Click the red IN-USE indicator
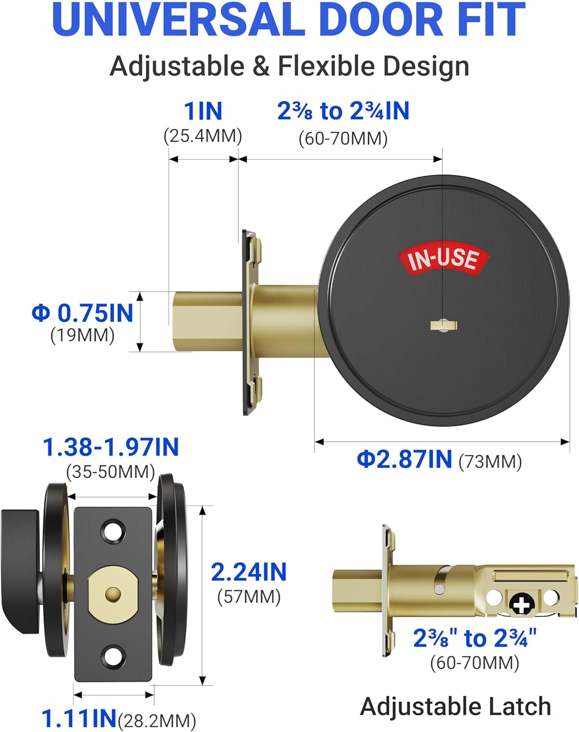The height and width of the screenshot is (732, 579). [443, 259]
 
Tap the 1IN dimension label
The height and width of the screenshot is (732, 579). [203, 111]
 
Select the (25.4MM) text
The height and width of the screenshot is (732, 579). [203, 136]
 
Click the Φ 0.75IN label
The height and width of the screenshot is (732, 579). [82, 313]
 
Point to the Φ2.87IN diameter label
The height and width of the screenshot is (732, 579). [404, 459]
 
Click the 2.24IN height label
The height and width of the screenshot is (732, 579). [248, 572]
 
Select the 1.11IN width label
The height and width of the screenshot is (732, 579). [79, 718]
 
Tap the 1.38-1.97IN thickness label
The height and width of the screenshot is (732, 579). [111, 447]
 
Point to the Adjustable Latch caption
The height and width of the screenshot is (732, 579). [456, 706]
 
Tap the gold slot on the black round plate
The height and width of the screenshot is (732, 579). [443, 325]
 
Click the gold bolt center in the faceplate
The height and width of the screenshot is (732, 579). [113, 593]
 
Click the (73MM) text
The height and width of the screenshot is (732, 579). [490, 461]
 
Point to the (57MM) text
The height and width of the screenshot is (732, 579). [249, 596]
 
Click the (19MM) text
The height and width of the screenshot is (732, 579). [82, 335]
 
